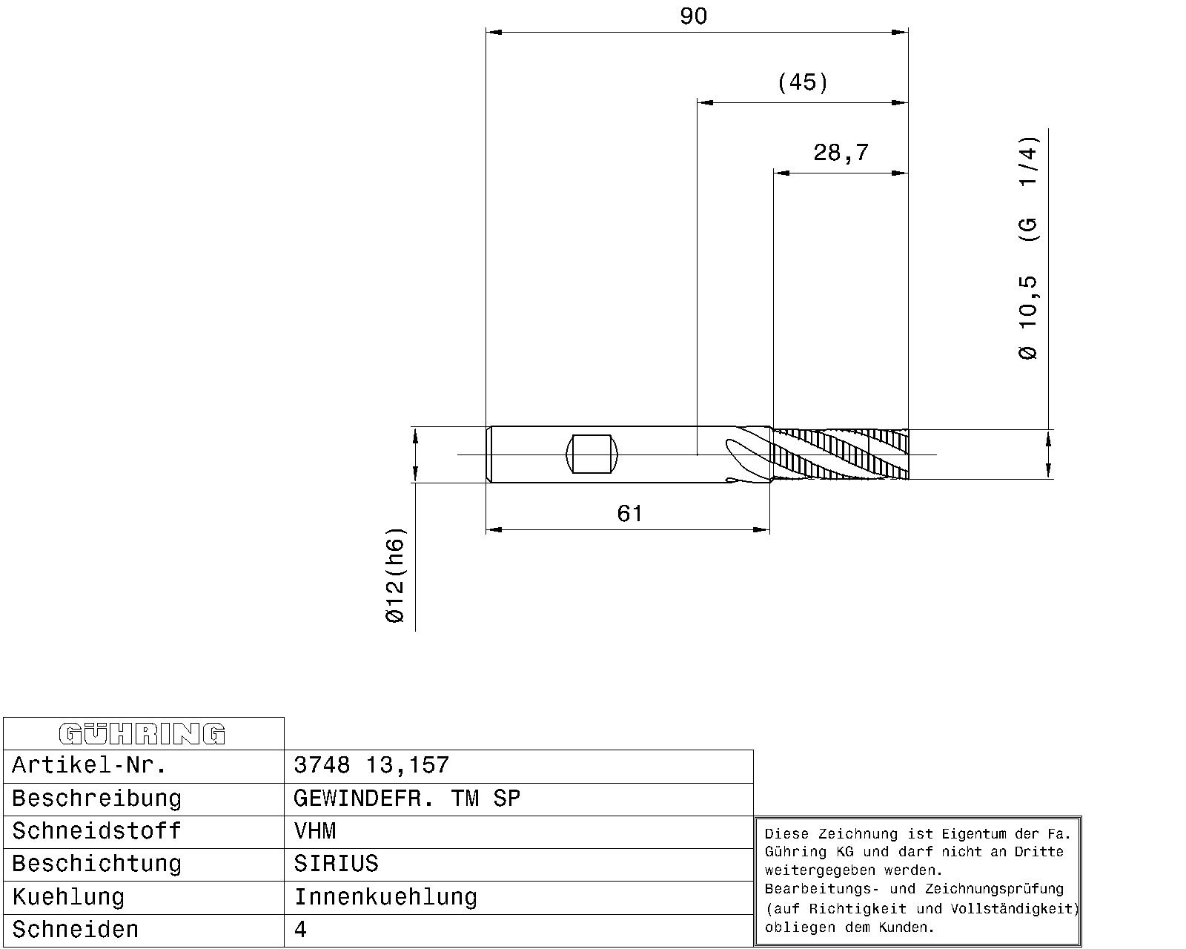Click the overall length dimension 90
tap(693, 16)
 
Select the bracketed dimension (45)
tap(803, 83)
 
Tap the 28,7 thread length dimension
tap(841, 153)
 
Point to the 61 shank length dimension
tap(629, 514)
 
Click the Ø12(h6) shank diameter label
tap(395, 575)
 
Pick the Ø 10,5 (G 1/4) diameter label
tap(1028, 248)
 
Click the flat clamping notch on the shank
tap(592, 454)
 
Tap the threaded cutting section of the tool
tap(841, 454)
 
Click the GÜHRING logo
tap(142, 734)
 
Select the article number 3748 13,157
tap(371, 765)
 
